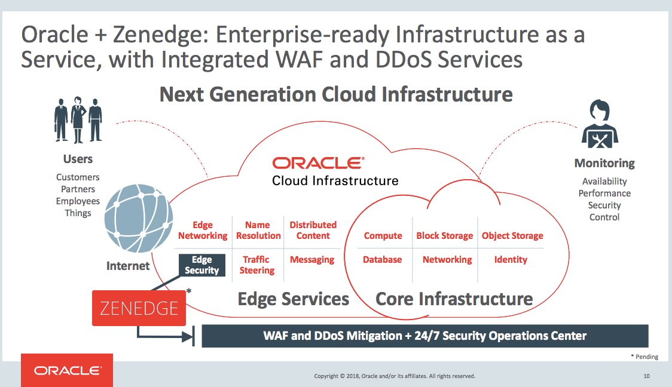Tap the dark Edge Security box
(202, 265)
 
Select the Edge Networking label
(203, 231)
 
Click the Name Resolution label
(258, 231)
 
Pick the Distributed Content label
(313, 231)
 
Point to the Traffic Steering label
(257, 265)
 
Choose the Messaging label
(311, 260)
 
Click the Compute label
(383, 236)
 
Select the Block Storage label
(444, 236)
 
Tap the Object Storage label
(512, 236)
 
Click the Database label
(383, 260)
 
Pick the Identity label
(511, 260)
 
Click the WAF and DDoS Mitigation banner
(425, 336)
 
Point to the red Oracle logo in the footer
(67, 371)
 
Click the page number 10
(646, 376)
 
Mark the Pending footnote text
(644, 357)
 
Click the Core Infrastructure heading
(454, 299)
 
